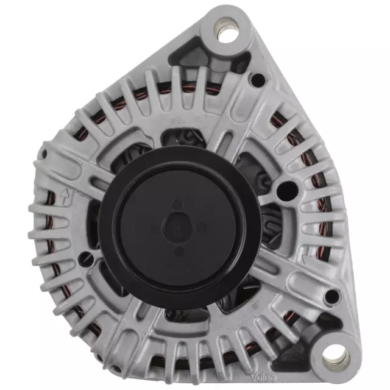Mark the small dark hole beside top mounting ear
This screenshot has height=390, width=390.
tap(258, 78)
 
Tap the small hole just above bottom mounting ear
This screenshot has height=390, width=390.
tap(331, 297)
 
